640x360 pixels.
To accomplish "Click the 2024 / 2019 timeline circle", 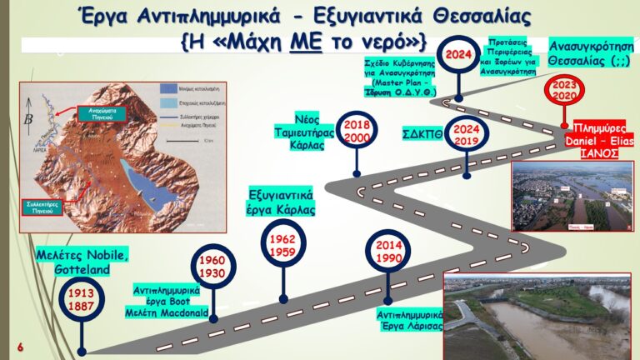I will [x=467, y=135].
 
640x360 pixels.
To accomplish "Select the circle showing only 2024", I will [x=459, y=55].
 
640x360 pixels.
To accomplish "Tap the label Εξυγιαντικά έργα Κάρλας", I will [x=282, y=202].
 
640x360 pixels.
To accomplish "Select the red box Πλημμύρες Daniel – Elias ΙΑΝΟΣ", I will [x=600, y=142].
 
